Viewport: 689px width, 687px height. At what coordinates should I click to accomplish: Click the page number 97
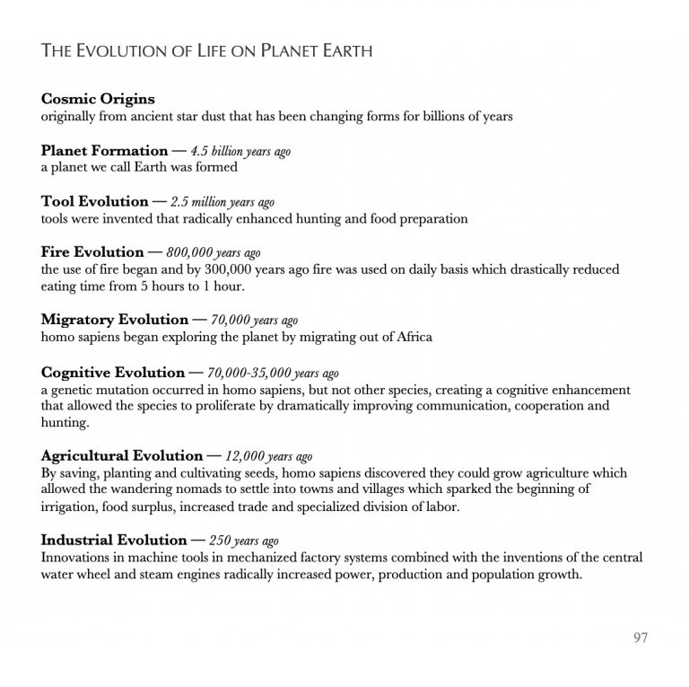coord(640,638)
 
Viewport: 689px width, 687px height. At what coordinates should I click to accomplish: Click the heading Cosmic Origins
coord(98,100)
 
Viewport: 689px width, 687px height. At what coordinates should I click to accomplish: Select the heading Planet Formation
coord(104,151)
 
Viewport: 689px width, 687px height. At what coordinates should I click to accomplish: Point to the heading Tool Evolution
coord(94,201)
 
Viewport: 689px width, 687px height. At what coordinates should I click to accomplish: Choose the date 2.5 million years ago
coord(222,202)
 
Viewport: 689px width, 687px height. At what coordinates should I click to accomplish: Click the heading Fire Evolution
coord(92,252)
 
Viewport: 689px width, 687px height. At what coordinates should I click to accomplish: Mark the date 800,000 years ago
coord(214,253)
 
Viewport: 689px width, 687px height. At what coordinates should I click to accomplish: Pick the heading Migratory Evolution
coord(115,320)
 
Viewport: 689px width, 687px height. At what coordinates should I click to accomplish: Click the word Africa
coord(411,337)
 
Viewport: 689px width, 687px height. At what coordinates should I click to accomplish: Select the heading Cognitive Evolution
coord(113,373)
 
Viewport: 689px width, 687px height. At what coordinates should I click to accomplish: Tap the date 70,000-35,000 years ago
coord(273,374)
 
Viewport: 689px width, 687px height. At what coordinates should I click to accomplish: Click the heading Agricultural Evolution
coord(122,456)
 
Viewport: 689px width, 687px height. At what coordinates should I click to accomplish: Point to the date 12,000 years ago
coord(269,457)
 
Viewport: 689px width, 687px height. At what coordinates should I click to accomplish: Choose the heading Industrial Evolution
coord(114,541)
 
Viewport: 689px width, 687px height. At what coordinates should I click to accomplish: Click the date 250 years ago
coord(244,542)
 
